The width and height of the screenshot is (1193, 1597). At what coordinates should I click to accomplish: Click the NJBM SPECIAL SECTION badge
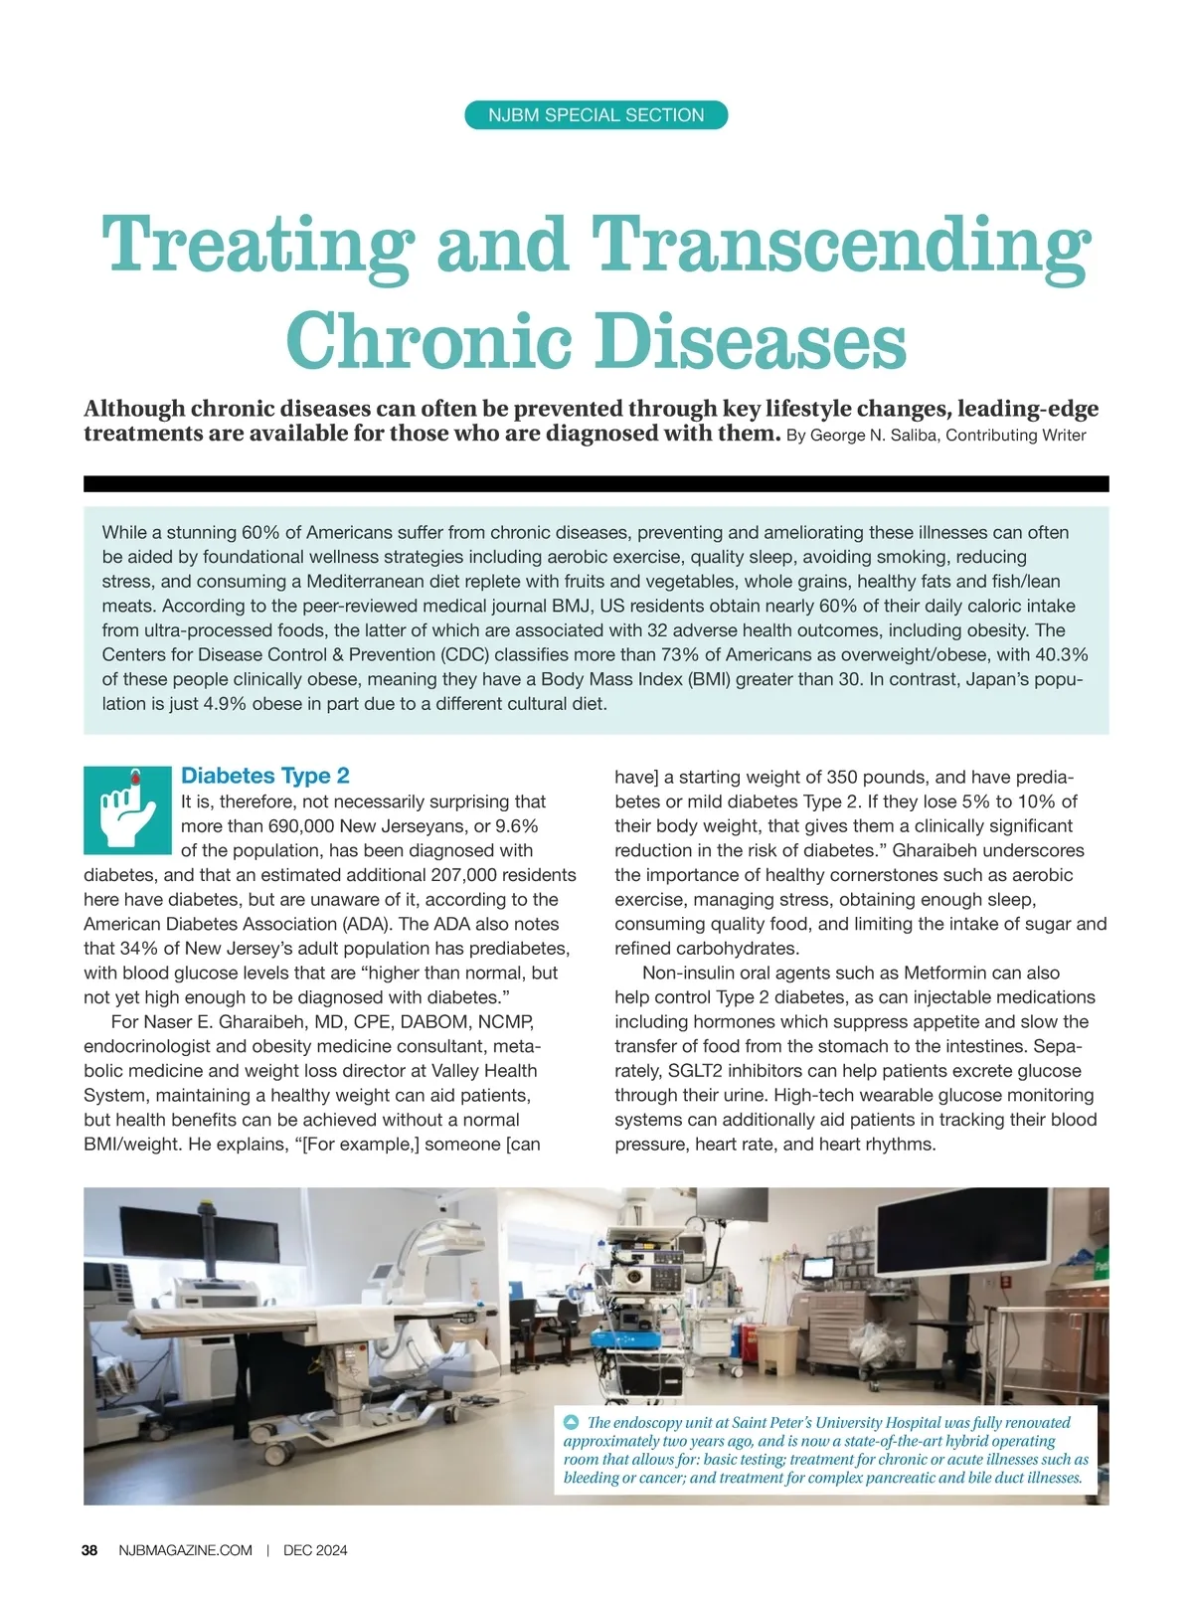596,115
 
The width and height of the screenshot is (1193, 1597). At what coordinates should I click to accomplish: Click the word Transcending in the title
841,244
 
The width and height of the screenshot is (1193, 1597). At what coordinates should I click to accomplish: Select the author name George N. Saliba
876,436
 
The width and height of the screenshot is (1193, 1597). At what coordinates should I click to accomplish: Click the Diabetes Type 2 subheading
264,776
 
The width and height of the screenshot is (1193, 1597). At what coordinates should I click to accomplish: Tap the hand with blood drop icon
127,809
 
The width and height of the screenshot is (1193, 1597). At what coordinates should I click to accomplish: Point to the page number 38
89,1550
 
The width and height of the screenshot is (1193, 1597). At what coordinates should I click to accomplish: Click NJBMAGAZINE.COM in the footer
185,1550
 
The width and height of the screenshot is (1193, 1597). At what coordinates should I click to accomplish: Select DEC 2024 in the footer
315,1550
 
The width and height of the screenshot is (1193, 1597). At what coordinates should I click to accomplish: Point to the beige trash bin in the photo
776,1353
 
